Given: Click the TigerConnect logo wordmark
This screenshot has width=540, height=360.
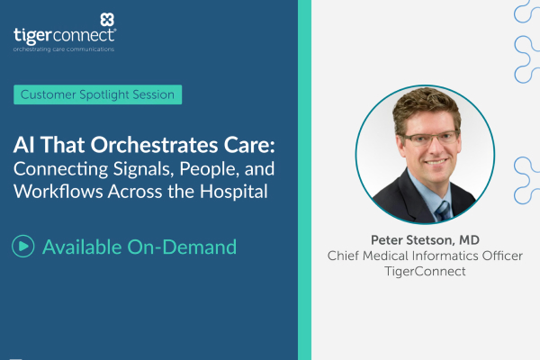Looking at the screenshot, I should point(64,34).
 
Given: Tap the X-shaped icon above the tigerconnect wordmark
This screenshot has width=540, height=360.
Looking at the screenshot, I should point(107,18).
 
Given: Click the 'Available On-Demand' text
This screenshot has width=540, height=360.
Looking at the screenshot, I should point(139,246).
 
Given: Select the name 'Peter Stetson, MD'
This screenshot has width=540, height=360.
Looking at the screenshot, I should point(425,238).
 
